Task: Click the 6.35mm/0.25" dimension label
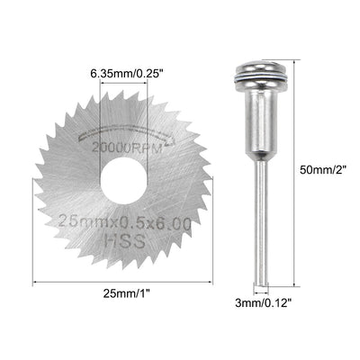pos(131,70)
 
